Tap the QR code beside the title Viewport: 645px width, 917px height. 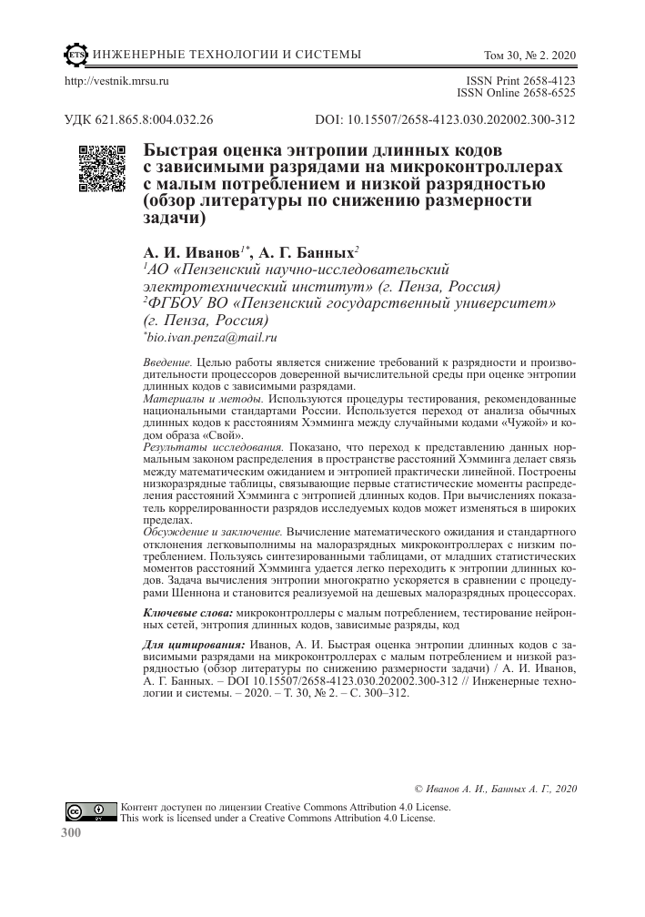[101, 168]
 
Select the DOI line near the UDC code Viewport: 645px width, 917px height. [445, 119]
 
